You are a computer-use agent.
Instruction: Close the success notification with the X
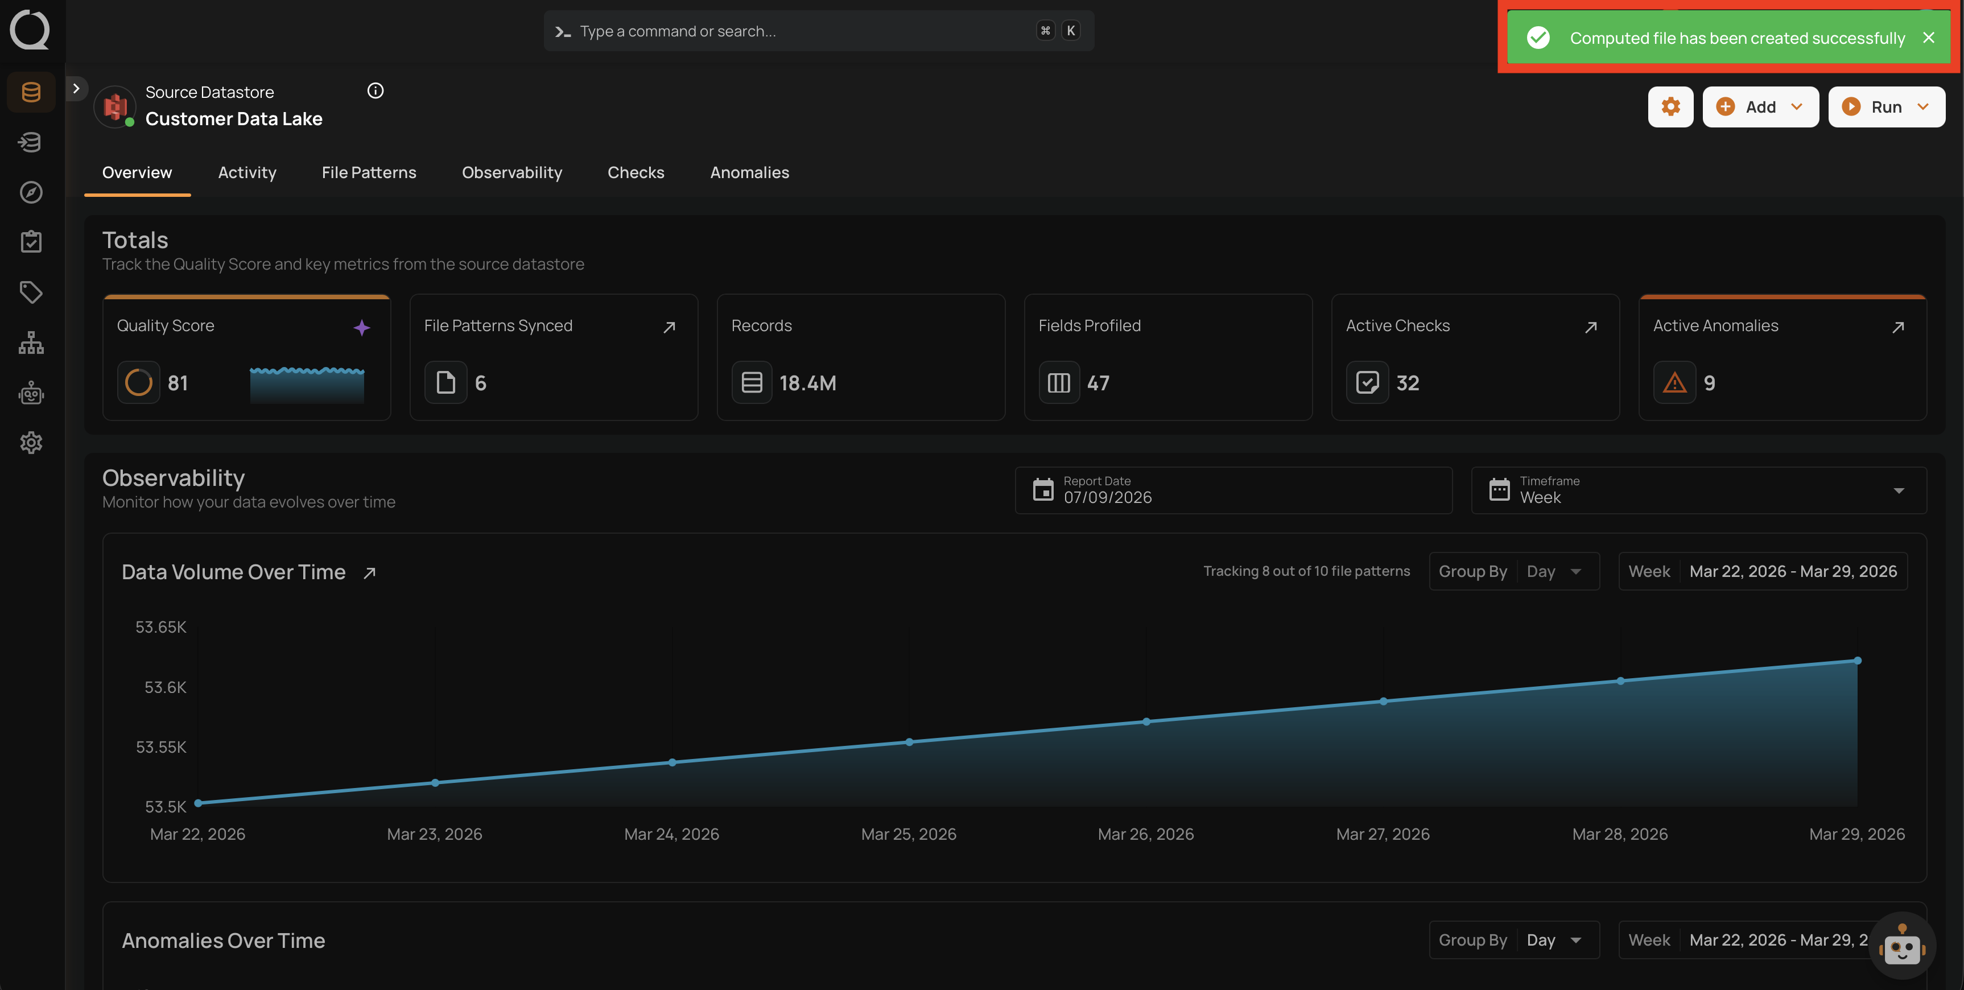pos(1928,38)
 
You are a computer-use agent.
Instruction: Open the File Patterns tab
pos(369,172)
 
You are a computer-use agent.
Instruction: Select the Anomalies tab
pos(749,172)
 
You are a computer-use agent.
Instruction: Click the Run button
pos(1886,107)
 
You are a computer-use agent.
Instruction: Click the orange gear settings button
pos(1670,107)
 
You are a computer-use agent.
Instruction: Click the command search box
pos(819,31)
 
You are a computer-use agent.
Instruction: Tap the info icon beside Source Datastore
pos(375,91)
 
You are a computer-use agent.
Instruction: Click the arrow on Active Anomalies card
pos(1897,327)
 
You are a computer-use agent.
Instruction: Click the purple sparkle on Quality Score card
pos(361,327)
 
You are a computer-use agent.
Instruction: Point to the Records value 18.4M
pos(807,383)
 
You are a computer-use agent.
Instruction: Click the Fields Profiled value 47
pos(1098,383)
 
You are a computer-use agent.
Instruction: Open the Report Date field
pos(1233,490)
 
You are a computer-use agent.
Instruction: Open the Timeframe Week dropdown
pos(1699,490)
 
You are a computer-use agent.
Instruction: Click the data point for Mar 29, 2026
pos(1857,661)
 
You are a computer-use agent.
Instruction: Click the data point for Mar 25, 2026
pos(909,742)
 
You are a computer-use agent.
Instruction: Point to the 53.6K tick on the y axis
pos(166,687)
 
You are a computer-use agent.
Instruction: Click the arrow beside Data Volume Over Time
pos(370,573)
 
